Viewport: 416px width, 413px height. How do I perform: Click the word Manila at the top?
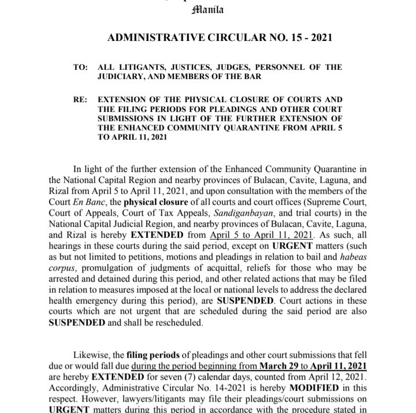(x=208, y=9)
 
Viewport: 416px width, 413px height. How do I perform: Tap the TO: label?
(x=80, y=68)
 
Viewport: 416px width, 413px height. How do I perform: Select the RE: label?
(x=80, y=99)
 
